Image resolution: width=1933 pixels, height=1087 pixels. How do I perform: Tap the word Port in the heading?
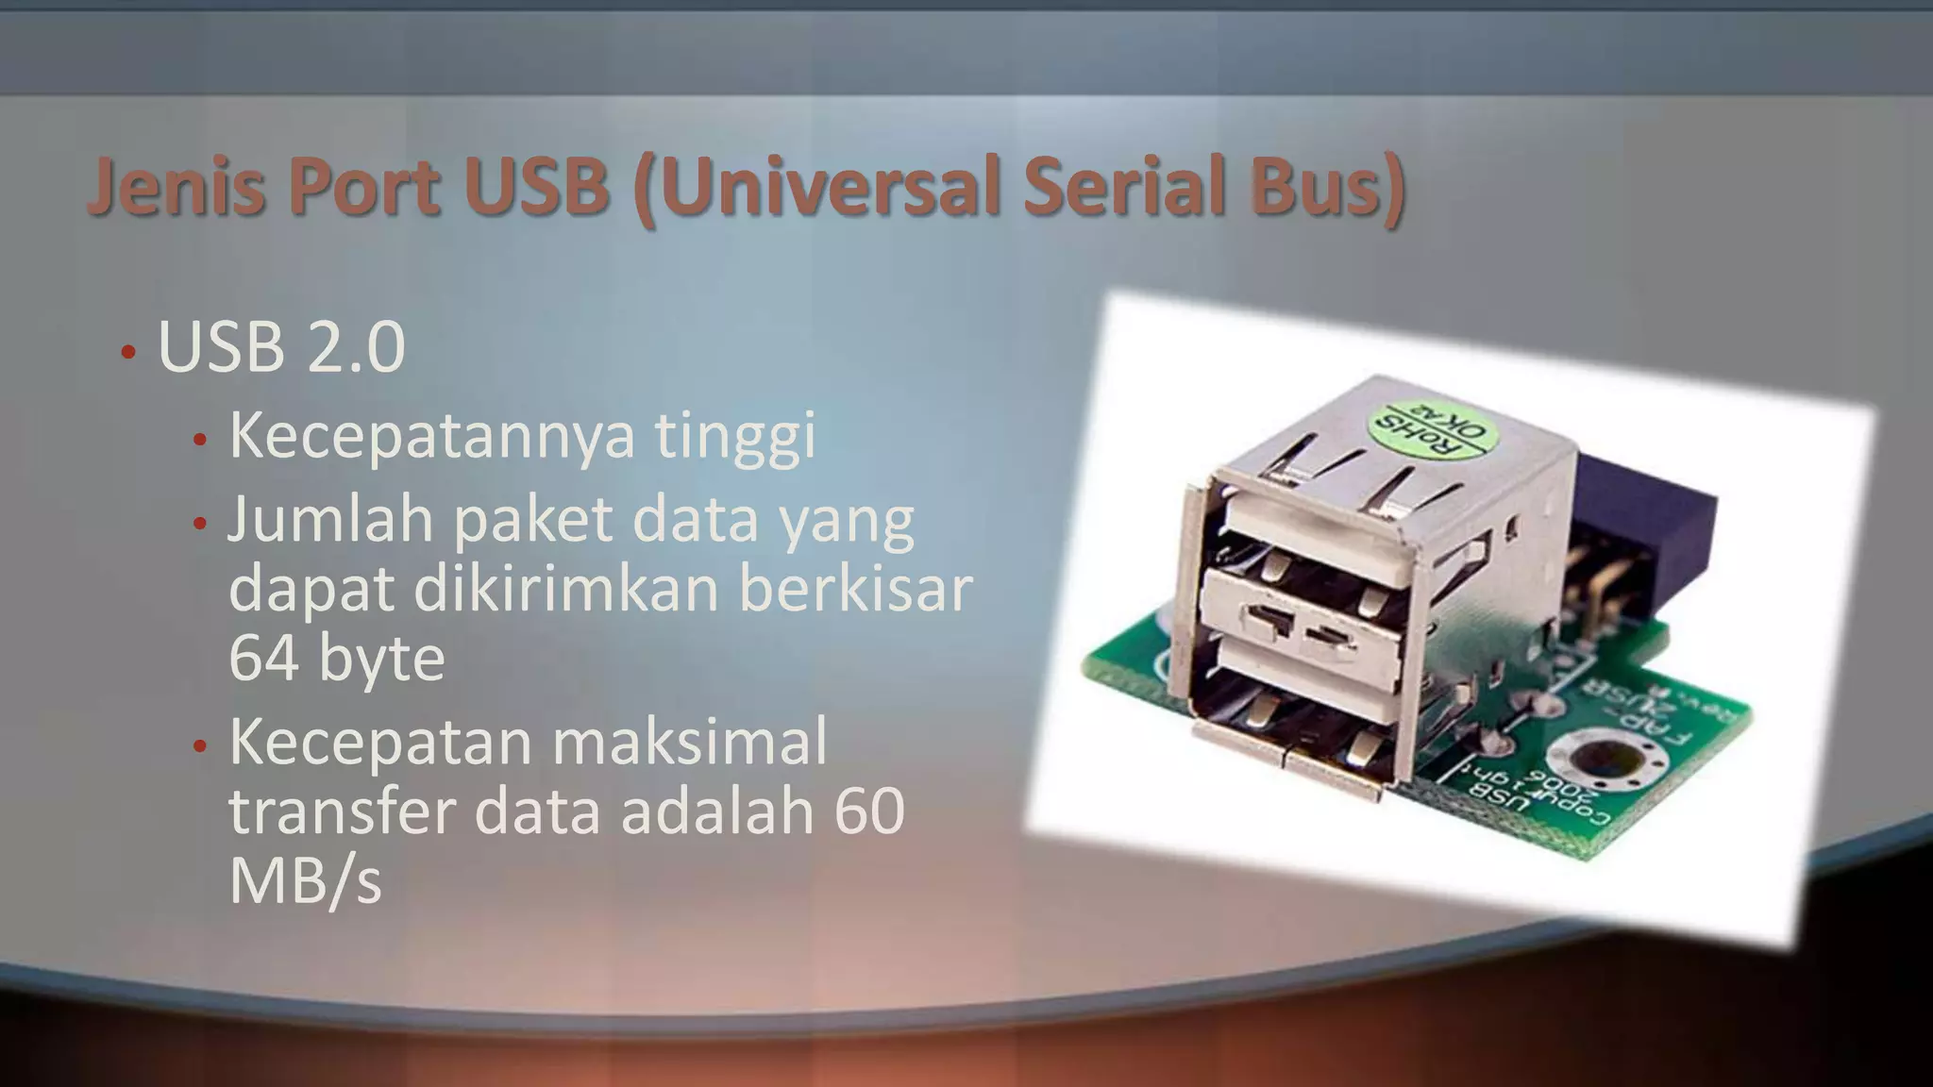[x=361, y=186]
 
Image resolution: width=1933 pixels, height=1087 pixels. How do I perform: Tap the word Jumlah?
[x=331, y=519]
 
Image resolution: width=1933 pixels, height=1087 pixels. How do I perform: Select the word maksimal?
[x=689, y=742]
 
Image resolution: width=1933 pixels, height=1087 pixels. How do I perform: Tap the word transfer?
[x=344, y=811]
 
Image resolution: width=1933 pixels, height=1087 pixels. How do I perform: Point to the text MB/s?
[x=305, y=880]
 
